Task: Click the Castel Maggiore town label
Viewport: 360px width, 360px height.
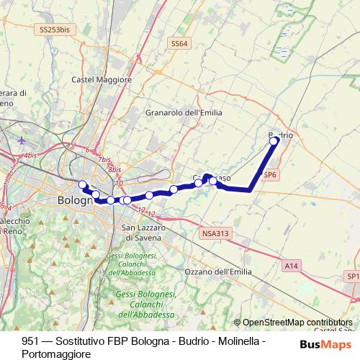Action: click(94, 78)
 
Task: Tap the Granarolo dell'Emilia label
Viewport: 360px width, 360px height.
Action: click(184, 112)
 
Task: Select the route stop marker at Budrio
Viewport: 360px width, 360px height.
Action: click(274, 141)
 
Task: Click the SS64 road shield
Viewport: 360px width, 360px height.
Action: click(179, 44)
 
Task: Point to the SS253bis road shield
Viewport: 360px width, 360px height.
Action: click(55, 30)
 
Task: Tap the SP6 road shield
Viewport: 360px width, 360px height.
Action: click(270, 174)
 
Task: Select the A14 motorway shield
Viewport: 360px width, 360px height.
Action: click(291, 266)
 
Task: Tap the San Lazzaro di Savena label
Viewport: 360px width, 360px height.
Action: click(137, 232)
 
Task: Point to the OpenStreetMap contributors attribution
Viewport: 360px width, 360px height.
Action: click(297, 323)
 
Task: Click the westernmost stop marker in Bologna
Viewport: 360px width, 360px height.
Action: click(83, 184)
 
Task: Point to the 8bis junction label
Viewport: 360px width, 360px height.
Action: click(114, 170)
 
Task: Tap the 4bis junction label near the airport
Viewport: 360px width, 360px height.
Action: click(30, 155)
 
